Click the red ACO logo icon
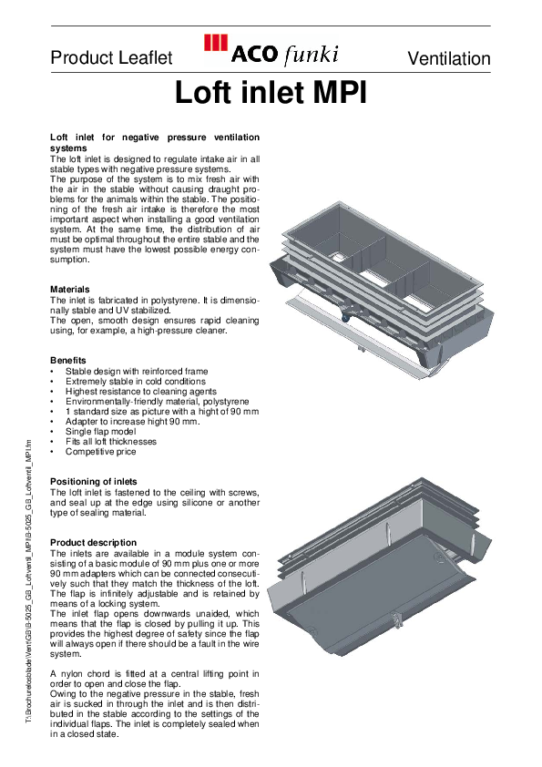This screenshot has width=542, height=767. click(x=215, y=43)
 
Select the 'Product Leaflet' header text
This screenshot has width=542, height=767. click(x=111, y=58)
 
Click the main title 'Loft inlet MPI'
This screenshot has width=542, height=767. click(x=271, y=93)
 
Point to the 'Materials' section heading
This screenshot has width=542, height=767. click(x=71, y=289)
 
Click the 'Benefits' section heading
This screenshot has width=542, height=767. click(x=68, y=361)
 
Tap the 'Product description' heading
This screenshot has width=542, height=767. click(x=93, y=542)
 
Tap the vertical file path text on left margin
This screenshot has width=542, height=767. click(x=28, y=583)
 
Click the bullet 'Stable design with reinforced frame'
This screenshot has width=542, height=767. click(x=137, y=372)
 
